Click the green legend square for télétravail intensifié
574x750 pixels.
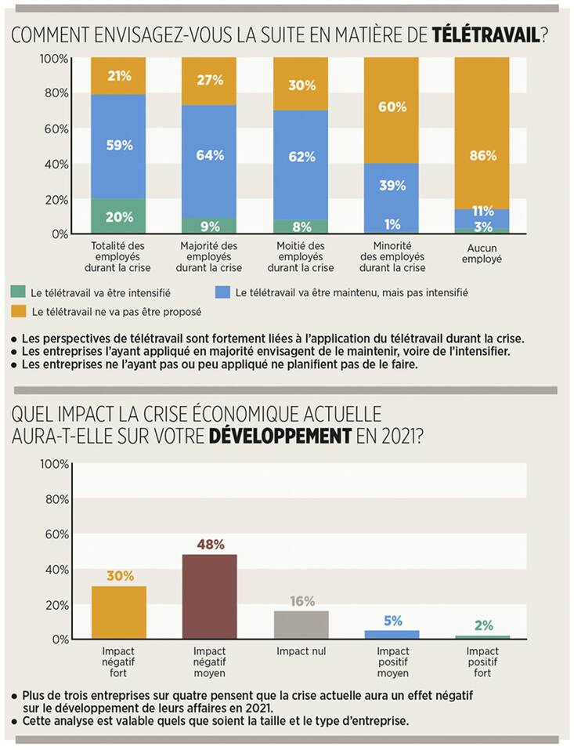[x=18, y=292]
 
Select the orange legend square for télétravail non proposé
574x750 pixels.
[x=18, y=311]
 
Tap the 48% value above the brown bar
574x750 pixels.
[x=209, y=544]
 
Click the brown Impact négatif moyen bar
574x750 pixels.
[x=209, y=596]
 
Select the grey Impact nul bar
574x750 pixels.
[x=301, y=625]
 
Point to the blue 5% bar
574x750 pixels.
[x=392, y=634]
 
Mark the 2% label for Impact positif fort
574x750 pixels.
[x=483, y=625]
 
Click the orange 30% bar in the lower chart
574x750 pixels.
[x=118, y=612]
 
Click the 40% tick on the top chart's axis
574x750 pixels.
[x=54, y=165]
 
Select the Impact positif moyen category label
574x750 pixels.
[x=392, y=662]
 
